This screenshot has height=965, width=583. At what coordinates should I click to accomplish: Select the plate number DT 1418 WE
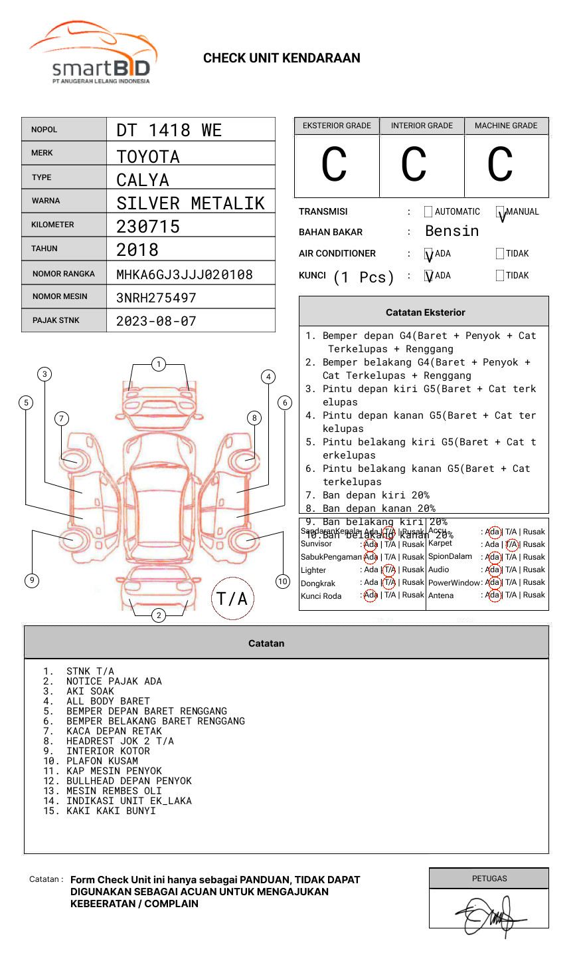169,130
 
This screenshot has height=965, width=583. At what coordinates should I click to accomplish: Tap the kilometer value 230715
148,227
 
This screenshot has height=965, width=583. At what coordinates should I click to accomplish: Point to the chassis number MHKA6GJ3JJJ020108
185,274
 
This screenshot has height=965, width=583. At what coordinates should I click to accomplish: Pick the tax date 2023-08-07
157,321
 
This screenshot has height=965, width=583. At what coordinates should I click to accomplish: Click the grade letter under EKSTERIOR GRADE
334,165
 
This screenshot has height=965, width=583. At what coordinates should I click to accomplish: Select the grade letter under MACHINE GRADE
500,165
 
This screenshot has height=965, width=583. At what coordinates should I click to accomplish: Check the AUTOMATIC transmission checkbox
428,212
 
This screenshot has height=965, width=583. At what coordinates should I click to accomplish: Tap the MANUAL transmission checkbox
500,212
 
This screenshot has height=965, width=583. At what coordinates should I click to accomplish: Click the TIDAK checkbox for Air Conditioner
500,253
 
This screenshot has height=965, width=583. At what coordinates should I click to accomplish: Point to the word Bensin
452,231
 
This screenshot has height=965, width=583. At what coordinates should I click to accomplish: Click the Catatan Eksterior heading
425,312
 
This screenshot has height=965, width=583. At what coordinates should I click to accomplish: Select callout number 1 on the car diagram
158,364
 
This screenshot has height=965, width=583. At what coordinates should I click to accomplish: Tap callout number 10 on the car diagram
283,582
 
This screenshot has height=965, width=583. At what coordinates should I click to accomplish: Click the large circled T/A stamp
232,599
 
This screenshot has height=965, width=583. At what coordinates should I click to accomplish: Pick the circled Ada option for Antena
493,595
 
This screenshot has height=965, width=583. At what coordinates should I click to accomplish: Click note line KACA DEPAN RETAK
114,731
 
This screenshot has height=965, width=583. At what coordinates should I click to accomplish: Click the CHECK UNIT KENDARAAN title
282,58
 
